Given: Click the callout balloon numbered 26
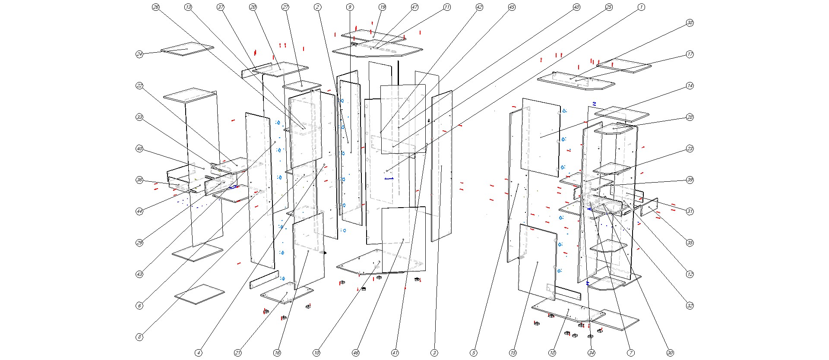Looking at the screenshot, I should point(156,7).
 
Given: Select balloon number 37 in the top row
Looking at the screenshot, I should point(221,7).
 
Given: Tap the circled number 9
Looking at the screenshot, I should point(350,7).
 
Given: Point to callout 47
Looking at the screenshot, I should point(414,7).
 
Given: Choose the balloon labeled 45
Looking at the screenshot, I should point(512,7).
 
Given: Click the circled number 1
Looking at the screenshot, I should point(641,7).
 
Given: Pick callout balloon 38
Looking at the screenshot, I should point(690,23).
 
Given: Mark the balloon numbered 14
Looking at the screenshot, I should point(690,86).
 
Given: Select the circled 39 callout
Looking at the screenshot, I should point(690,180).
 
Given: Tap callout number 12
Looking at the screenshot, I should point(690,274).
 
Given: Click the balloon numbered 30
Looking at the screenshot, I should point(670,353).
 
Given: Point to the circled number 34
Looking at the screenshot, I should point(592,353).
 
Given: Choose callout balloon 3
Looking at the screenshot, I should point(434,353).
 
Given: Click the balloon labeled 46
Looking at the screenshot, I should point(356,353).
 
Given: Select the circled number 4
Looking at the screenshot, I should point(199,353).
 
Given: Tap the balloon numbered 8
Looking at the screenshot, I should point(139,337).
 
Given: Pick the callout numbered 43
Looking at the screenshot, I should point(139,274).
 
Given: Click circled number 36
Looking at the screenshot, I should point(139,180).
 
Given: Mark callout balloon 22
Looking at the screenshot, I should point(139,86).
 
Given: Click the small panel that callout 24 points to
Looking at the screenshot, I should point(187,49).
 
